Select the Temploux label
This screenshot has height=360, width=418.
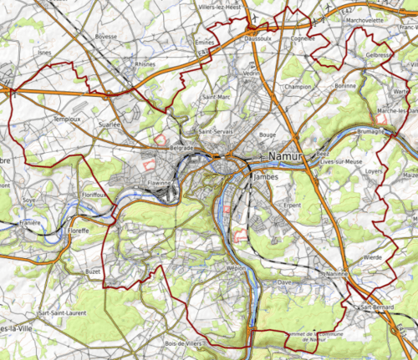68,119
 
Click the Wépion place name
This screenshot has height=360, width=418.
237,268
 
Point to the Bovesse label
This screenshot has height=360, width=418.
106,37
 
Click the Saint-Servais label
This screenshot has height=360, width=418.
215,132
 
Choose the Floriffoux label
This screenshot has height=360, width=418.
95,195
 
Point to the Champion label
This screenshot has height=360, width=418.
297,86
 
